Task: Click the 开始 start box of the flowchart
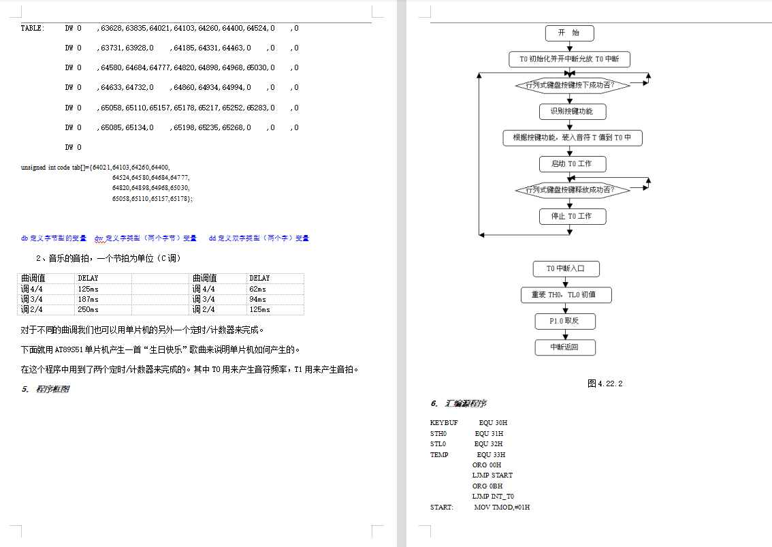coord(569,33)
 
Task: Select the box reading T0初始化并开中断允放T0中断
coord(569,59)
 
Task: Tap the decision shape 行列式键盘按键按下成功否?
coord(573,85)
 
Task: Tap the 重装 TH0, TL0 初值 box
coord(566,295)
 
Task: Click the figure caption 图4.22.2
coord(605,384)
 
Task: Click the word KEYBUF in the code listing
coord(444,423)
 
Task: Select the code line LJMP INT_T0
coord(493,497)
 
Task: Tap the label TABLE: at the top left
coord(33,29)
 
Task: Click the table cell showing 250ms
coord(88,310)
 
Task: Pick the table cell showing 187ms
coord(88,299)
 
